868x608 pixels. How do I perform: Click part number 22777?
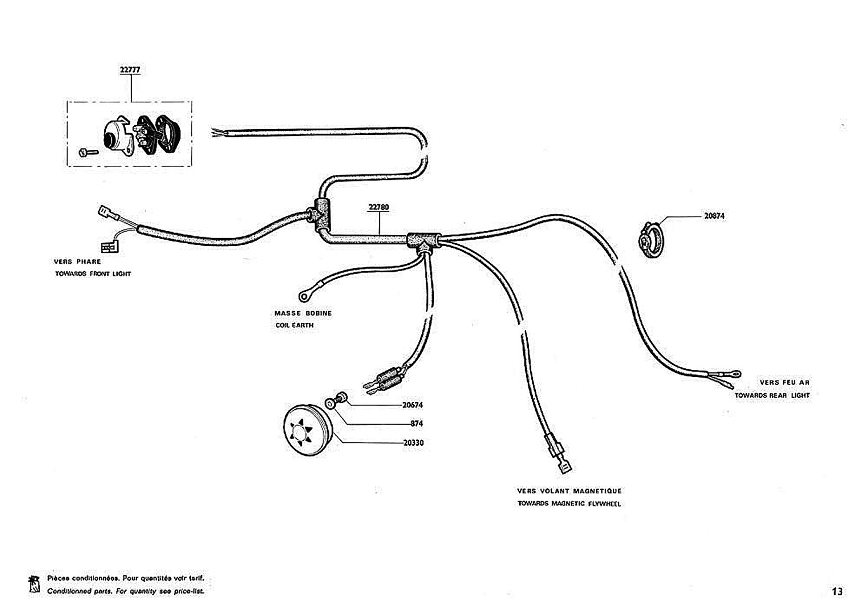click(130, 70)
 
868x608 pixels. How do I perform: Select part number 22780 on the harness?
click(379, 207)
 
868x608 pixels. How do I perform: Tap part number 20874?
click(714, 216)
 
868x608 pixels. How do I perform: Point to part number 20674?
click(412, 405)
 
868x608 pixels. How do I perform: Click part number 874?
click(416, 424)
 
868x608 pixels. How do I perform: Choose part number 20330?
click(413, 443)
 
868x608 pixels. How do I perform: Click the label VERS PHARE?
click(77, 262)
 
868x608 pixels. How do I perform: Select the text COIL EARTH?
click(294, 325)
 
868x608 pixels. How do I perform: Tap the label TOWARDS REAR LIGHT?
click(772, 395)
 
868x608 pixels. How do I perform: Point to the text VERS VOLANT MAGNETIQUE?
click(569, 491)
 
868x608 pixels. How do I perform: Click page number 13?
click(837, 591)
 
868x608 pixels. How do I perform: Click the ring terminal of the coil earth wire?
click(304, 294)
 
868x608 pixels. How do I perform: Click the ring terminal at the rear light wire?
click(734, 374)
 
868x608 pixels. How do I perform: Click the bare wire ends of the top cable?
click(218, 133)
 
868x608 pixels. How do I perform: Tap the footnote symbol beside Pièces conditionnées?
click(34, 585)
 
